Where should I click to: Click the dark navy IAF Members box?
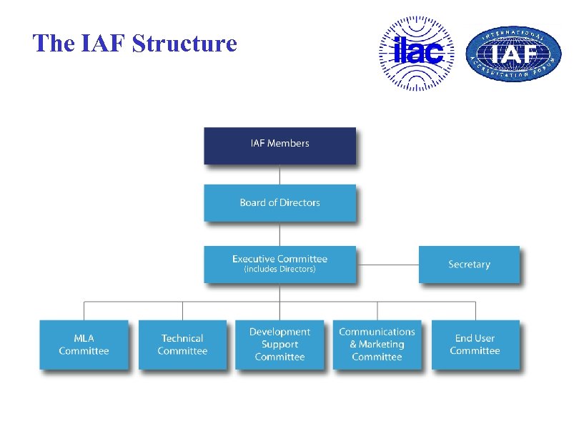tap(279, 146)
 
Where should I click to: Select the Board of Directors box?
tap(279, 203)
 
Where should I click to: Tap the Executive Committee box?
tap(279, 264)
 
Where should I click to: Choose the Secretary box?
tap(469, 265)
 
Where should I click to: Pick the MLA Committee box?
tap(84, 345)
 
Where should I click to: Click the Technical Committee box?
tap(182, 345)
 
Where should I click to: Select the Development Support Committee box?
tap(279, 345)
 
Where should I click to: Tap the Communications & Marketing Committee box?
tap(377, 345)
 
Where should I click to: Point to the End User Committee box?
tap(475, 345)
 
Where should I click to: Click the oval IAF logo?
tap(513, 55)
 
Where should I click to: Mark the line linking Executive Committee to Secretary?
tap(387, 265)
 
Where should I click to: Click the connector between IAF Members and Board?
tap(279, 174)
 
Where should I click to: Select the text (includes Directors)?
tap(279, 270)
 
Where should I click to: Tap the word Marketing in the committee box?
tap(384, 345)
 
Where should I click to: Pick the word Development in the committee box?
tap(279, 332)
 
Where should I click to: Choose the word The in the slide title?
tap(52, 44)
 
